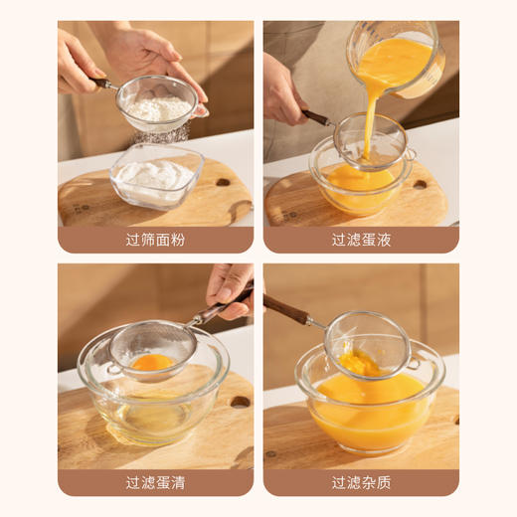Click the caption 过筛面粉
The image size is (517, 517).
coord(156,240)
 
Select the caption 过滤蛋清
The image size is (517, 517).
coord(156,483)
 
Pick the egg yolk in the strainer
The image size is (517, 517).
coord(151,362)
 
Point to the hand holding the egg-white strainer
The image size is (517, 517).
coord(229,288)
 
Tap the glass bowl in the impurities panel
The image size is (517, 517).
coord(368,408)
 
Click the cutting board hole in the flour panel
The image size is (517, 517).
coord(222,183)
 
